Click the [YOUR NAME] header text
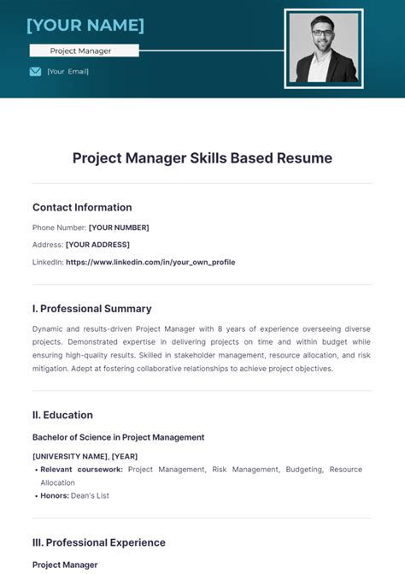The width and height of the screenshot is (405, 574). (85, 25)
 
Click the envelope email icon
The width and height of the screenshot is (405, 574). (35, 72)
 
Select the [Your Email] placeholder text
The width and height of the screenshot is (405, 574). (68, 72)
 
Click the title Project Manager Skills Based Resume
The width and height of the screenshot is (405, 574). (202, 158)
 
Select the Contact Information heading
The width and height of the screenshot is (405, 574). (82, 207)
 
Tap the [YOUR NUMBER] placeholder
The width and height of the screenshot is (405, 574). (119, 228)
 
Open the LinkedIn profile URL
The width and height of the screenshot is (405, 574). (150, 262)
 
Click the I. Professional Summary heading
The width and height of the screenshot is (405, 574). (92, 309)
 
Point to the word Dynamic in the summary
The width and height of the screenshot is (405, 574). (49, 328)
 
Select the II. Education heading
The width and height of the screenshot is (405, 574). (62, 415)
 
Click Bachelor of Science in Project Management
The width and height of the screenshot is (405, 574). (118, 437)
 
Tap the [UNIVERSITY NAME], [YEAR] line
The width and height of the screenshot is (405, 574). (85, 456)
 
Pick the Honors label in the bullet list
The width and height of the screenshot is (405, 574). (56, 495)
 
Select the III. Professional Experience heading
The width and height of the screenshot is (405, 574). (99, 542)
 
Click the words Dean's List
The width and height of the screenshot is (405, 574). (92, 495)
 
